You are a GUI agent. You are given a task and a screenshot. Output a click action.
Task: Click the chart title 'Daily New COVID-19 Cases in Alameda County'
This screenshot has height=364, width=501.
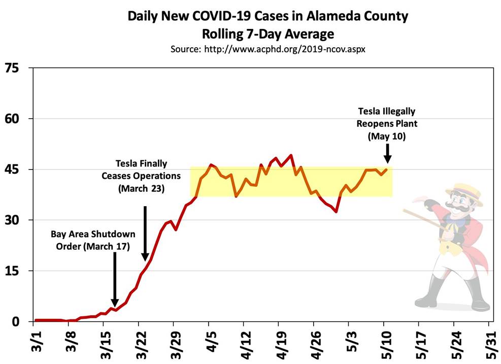click(268, 16)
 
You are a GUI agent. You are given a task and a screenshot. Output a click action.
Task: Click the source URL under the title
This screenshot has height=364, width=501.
click(268, 50)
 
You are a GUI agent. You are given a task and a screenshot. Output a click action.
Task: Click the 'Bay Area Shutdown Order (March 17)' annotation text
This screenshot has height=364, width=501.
click(93, 240)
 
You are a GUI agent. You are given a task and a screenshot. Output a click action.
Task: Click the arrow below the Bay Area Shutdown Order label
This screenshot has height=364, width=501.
click(115, 279)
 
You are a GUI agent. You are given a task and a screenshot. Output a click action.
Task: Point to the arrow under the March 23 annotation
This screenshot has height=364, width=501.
click(145, 234)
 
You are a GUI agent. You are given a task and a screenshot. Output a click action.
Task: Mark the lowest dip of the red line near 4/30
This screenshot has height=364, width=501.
click(336, 212)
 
